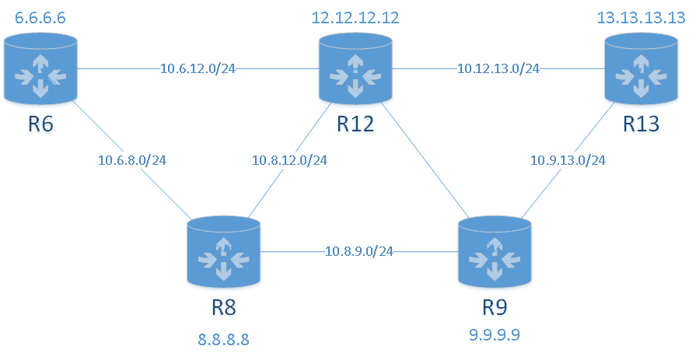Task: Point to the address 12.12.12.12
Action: tap(355, 17)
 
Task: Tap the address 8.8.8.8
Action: tap(224, 339)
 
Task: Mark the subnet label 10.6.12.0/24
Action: tap(198, 68)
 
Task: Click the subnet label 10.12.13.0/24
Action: tap(498, 68)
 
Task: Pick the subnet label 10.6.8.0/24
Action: tap(132, 161)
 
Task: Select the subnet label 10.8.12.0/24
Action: tap(289, 161)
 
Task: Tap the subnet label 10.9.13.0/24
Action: tap(568, 161)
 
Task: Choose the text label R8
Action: tap(224, 308)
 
